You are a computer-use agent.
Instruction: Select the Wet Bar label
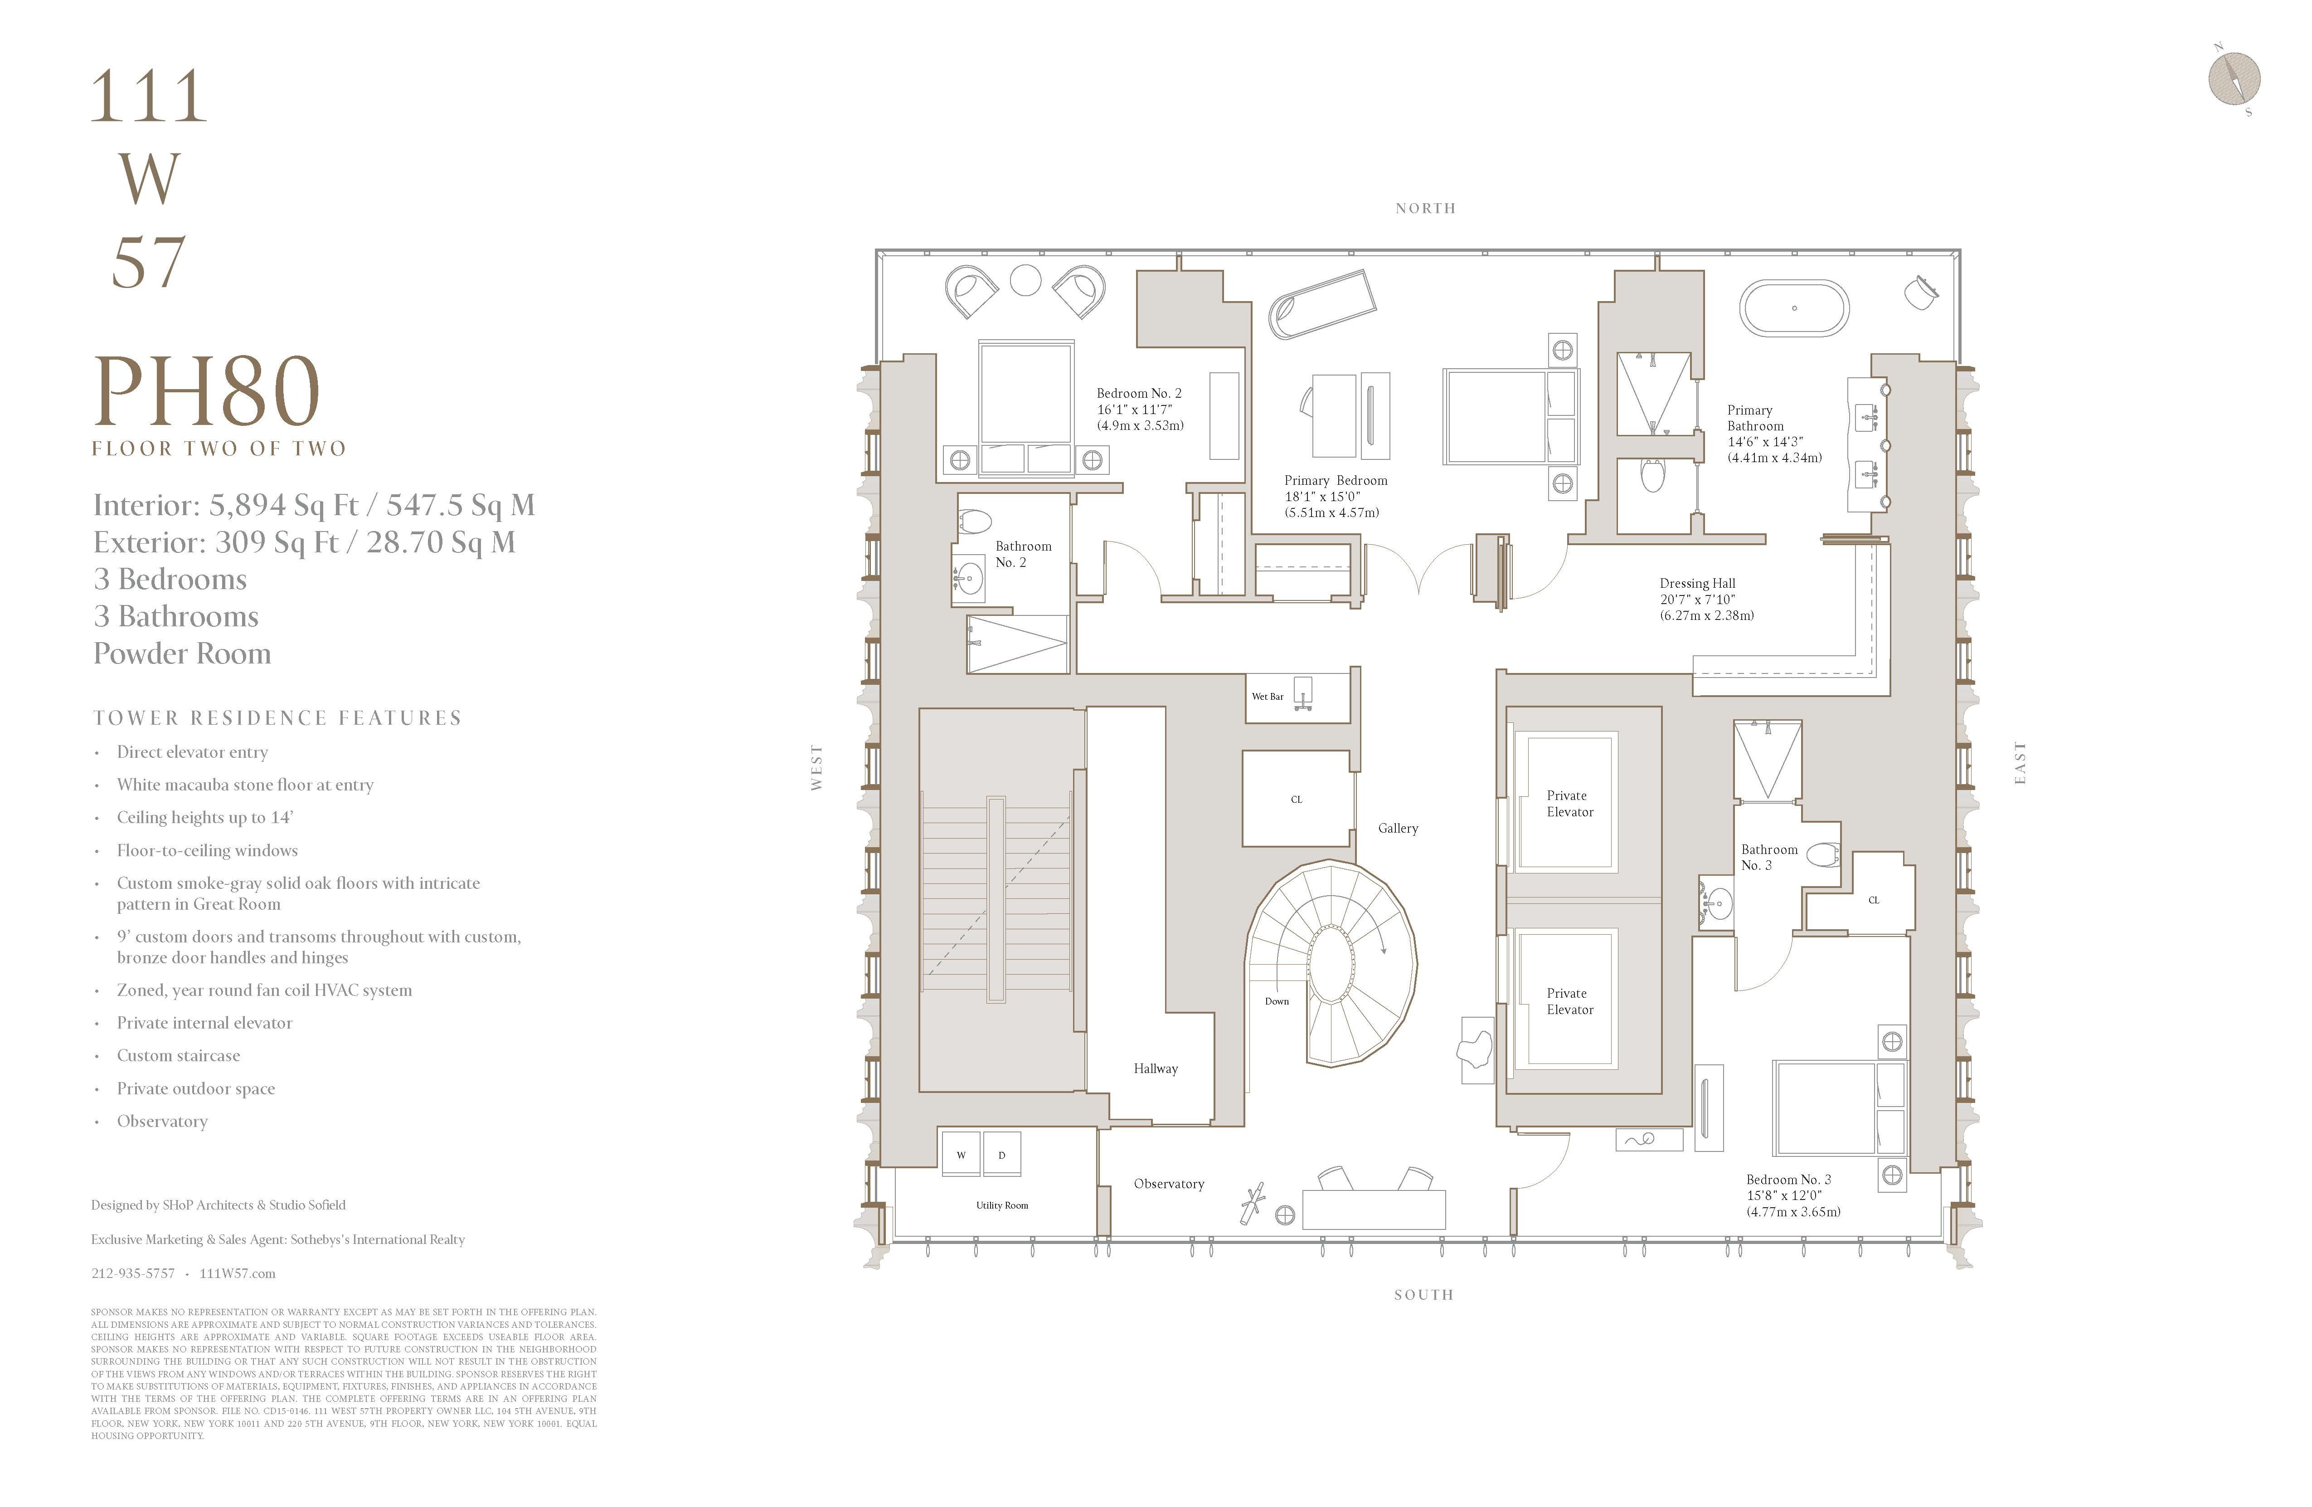click(1267, 697)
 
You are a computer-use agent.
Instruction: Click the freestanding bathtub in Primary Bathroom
click(1793, 308)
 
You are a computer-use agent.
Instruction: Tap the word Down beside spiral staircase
click(1277, 1001)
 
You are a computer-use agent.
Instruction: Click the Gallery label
click(1398, 828)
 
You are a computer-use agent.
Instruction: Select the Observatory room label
click(1169, 1184)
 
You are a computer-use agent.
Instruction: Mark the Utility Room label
click(1001, 1205)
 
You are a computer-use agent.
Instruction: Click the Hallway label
click(1155, 1068)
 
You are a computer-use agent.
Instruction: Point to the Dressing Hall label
click(1697, 583)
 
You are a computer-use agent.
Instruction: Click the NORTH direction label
click(1425, 208)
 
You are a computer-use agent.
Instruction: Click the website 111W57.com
click(237, 1273)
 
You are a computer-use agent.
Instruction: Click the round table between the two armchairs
click(1026, 280)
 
